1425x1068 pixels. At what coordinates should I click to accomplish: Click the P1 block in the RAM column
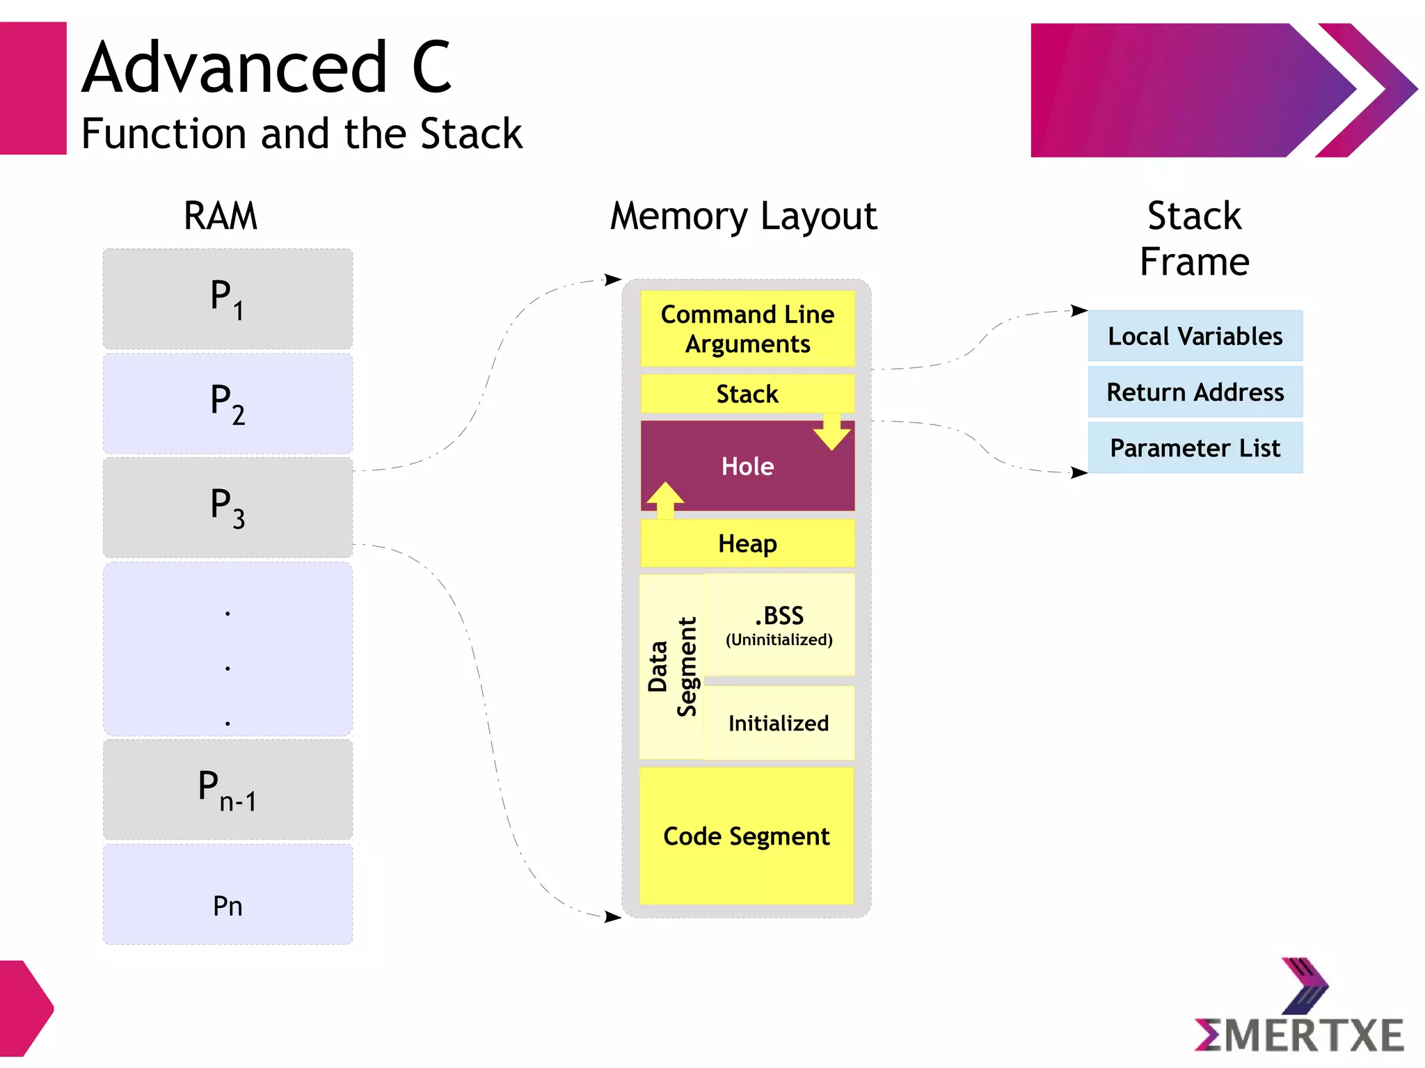pos(228,299)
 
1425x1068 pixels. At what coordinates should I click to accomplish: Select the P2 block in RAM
pos(228,404)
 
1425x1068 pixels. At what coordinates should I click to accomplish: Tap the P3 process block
pos(228,507)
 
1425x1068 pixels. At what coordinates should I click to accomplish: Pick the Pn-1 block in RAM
pos(228,790)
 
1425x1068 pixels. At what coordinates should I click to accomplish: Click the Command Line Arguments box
pos(747,328)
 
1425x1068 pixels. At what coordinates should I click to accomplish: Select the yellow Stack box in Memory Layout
pos(747,394)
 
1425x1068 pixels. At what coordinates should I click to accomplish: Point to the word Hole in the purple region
pos(747,466)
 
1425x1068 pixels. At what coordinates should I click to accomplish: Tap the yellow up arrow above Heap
pos(665,499)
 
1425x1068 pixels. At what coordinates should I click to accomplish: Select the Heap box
pos(747,543)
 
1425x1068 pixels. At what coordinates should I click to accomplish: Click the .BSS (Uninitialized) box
pos(779,625)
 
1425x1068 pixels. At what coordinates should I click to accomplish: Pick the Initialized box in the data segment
pos(779,724)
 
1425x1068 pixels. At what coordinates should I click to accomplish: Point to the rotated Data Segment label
pos(672,667)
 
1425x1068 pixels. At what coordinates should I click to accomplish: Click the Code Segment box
pos(747,836)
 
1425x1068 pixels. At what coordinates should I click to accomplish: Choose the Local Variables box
pos(1195,336)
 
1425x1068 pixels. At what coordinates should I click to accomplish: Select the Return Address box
pos(1195,392)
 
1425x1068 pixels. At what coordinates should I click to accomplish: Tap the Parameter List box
pos(1195,448)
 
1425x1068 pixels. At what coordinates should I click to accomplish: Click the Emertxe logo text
pos(1299,1035)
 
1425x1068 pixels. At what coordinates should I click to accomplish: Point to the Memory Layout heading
pos(743,216)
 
